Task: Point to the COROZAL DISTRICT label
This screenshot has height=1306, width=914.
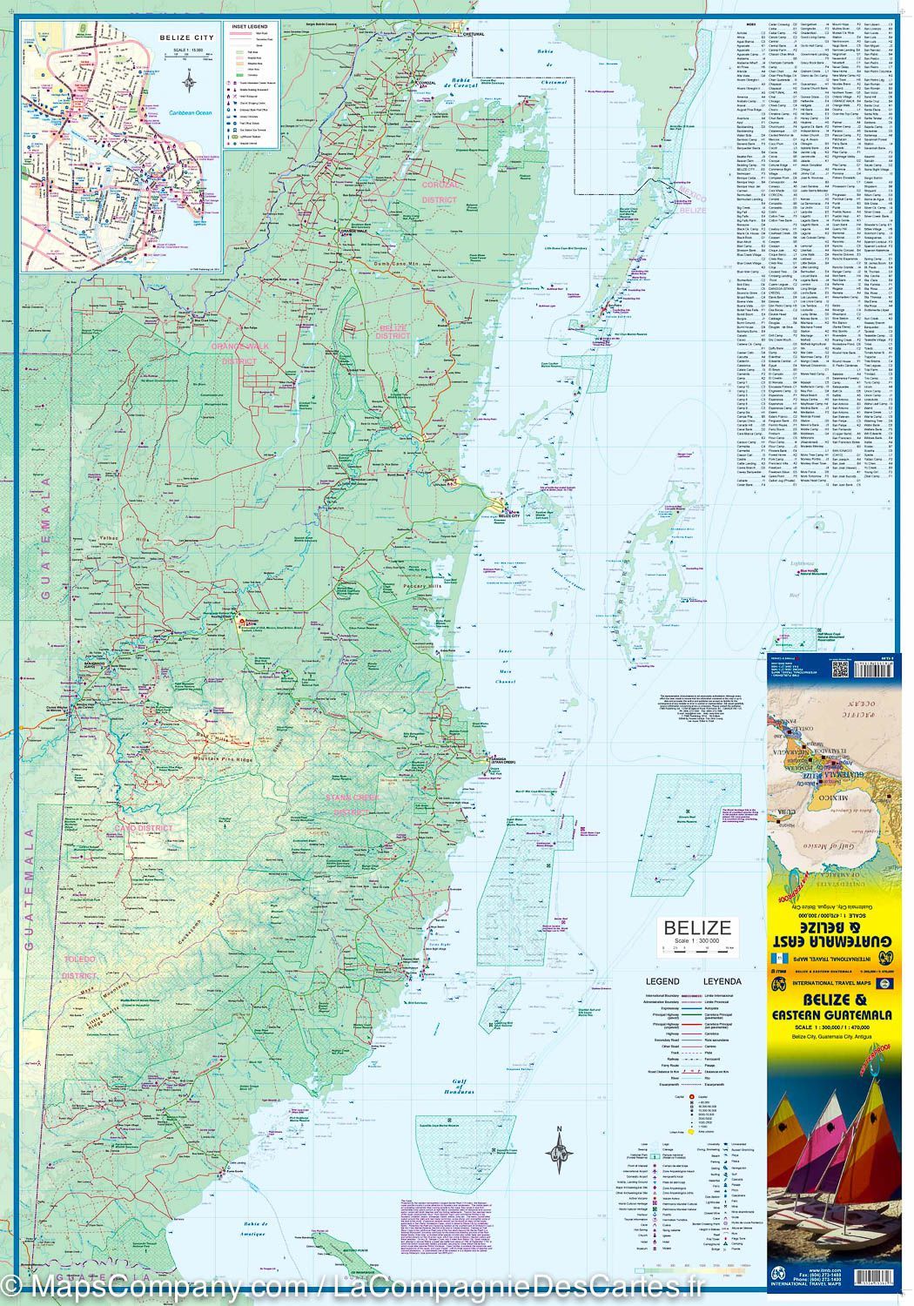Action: coord(438,192)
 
